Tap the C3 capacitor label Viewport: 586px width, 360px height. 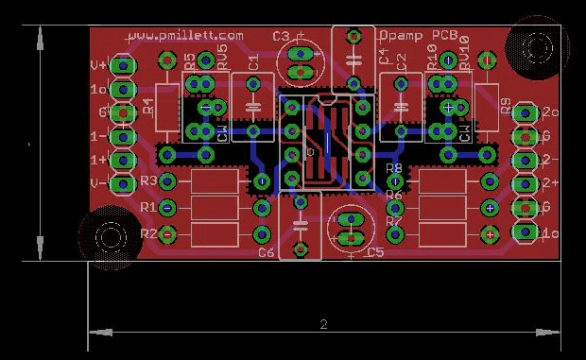[x=281, y=36]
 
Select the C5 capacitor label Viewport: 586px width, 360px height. [x=374, y=253]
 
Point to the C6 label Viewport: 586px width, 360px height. [x=266, y=253]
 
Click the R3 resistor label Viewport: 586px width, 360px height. [x=147, y=180]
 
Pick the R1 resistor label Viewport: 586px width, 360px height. [x=147, y=207]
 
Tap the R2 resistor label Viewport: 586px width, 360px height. [x=147, y=232]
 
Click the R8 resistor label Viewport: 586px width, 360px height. [x=394, y=168]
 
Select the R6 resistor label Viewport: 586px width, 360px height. [x=394, y=195]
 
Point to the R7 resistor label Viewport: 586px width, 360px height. [x=394, y=221]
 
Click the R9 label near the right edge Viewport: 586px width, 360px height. [x=506, y=106]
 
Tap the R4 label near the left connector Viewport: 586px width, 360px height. [x=148, y=106]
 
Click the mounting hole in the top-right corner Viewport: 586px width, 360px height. [x=539, y=46]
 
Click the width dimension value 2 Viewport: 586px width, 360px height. [x=323, y=324]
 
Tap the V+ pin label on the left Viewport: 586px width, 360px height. [x=97, y=65]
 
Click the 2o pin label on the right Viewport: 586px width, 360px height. [x=551, y=113]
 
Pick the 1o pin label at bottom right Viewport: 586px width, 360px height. [x=550, y=232]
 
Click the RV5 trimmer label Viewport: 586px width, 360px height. [x=221, y=56]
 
